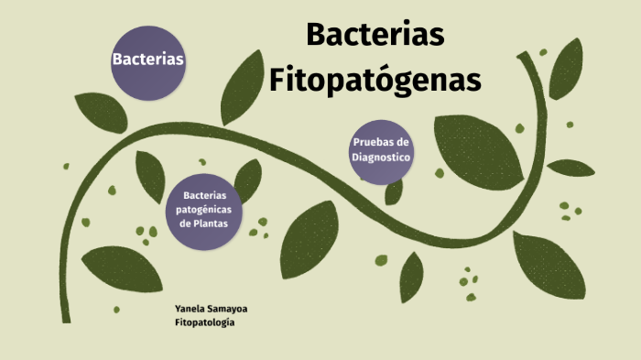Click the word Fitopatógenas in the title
tap(375, 80)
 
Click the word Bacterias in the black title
tap(375, 35)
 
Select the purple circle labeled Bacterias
tap(147, 60)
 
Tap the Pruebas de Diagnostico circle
tap(382, 151)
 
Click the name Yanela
tap(190, 309)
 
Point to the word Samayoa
tap(228, 309)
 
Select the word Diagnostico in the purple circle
tap(382, 158)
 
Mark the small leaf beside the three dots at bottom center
tap(412, 276)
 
